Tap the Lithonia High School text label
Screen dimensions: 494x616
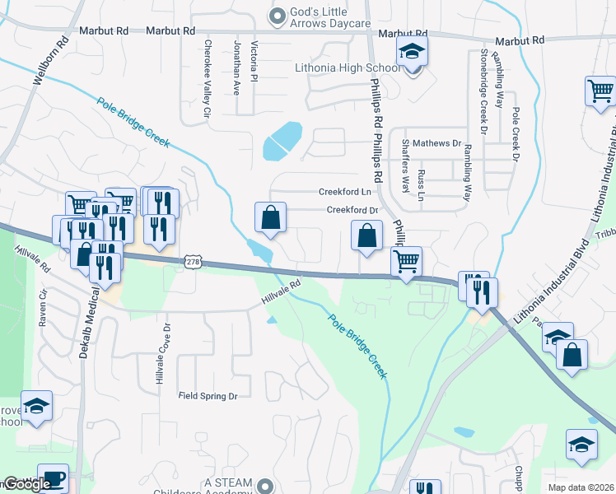348,68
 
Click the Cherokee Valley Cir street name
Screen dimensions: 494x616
208,77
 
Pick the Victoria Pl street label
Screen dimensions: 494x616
254,62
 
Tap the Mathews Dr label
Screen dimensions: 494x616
436,143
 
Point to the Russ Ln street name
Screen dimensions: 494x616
421,186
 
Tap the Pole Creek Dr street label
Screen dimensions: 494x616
516,133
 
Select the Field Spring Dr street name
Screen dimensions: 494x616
208,396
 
